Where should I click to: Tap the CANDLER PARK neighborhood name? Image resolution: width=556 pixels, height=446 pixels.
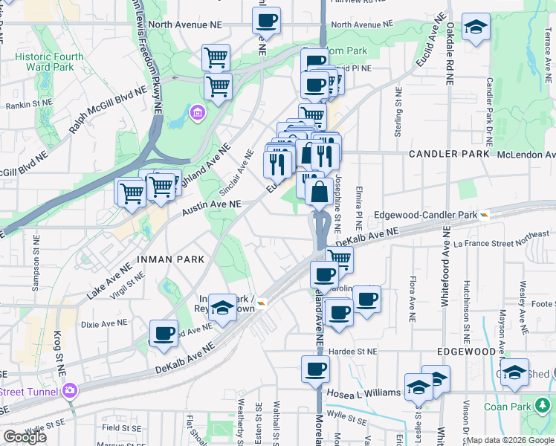tap(449, 154)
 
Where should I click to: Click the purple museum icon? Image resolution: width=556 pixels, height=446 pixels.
tap(198, 112)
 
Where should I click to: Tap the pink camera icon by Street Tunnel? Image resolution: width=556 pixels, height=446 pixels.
tap(70, 390)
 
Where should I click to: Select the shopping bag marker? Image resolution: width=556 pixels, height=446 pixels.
tap(319, 192)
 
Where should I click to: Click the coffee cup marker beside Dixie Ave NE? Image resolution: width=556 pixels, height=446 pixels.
tap(164, 332)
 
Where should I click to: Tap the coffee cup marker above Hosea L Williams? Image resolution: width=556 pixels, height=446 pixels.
tap(315, 368)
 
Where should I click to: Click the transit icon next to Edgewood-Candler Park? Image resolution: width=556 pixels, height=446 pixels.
tap(484, 215)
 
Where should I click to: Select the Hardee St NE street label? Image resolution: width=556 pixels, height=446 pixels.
tap(355, 351)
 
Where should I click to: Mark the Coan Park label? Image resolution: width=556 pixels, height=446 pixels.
tap(508, 407)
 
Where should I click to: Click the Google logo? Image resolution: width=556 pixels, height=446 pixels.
tap(25, 437)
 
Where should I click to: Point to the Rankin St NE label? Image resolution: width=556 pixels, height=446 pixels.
tap(28, 104)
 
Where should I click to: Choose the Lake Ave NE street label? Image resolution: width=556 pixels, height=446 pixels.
tap(109, 282)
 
